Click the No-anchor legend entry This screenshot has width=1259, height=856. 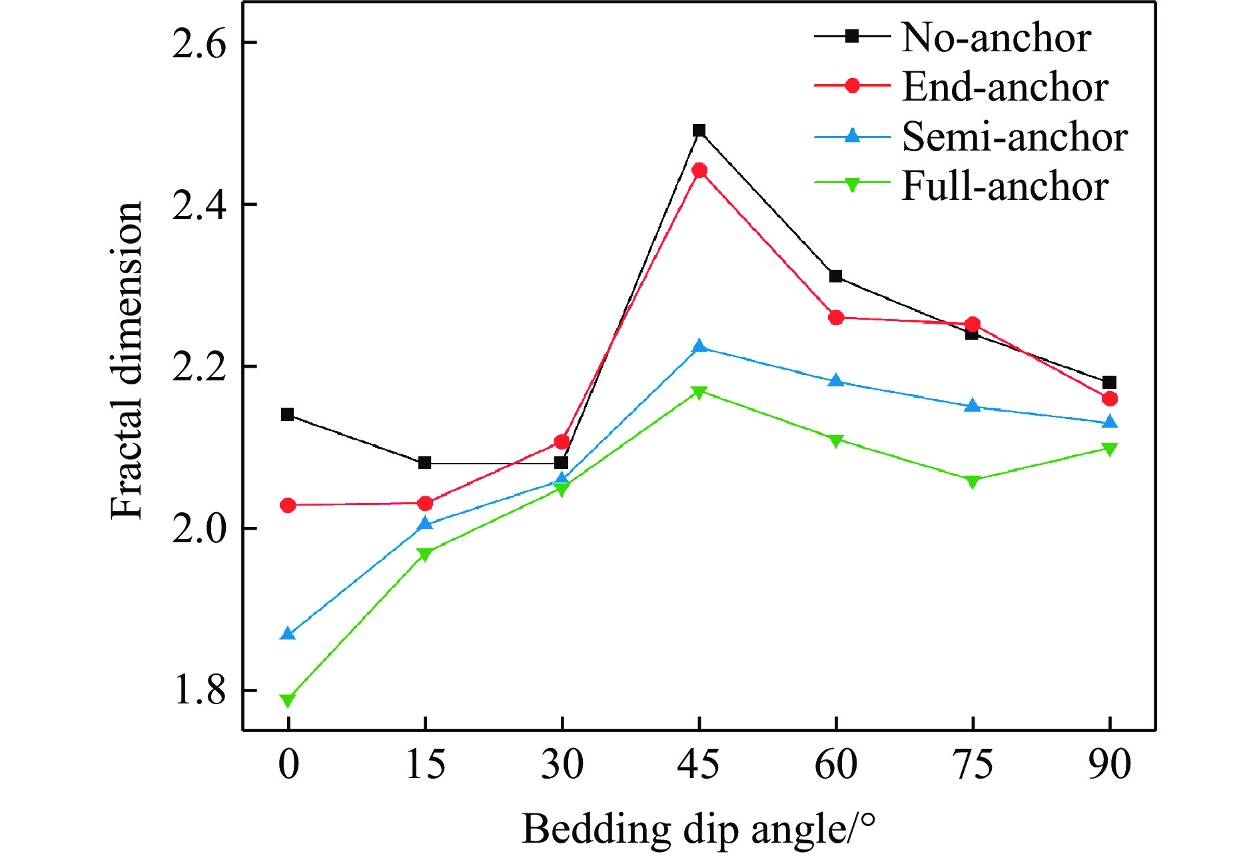pyautogui.click(x=995, y=37)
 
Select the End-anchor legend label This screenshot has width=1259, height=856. pyautogui.click(x=1005, y=87)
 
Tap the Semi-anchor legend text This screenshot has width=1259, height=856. pyautogui.click(x=1014, y=137)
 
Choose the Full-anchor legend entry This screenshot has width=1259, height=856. pyautogui.click(x=1005, y=187)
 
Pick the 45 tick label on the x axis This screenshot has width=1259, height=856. pyautogui.click(x=698, y=764)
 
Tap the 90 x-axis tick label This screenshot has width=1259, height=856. pyautogui.click(x=1110, y=764)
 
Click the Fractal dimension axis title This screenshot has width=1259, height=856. pyautogui.click(x=127, y=360)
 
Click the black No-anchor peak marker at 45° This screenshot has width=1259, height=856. pyautogui.click(x=699, y=131)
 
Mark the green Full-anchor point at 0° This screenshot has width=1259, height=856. pyautogui.click(x=288, y=700)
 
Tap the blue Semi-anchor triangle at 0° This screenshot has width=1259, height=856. pyautogui.click(x=288, y=634)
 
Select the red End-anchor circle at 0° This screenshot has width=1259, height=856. pyautogui.click(x=288, y=506)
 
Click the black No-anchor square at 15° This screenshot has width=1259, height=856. pyautogui.click(x=425, y=463)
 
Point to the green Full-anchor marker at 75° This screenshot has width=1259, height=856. pyautogui.click(x=973, y=482)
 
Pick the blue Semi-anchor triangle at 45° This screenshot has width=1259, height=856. pyautogui.click(x=699, y=346)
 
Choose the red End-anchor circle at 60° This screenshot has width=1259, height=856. pyautogui.click(x=836, y=318)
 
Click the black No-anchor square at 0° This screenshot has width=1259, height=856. pyautogui.click(x=288, y=414)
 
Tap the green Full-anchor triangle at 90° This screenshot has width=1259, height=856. pyautogui.click(x=1110, y=450)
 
